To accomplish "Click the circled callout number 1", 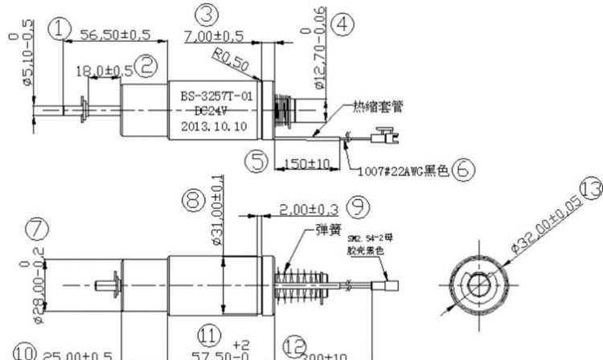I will (59, 30).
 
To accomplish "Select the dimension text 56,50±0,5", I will (113, 35).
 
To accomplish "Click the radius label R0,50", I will (230, 59).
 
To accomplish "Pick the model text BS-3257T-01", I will (215, 96).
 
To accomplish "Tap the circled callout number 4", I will (344, 25).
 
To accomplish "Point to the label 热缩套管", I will (378, 105).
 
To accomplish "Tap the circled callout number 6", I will (462, 170).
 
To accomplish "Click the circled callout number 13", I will (589, 189).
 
